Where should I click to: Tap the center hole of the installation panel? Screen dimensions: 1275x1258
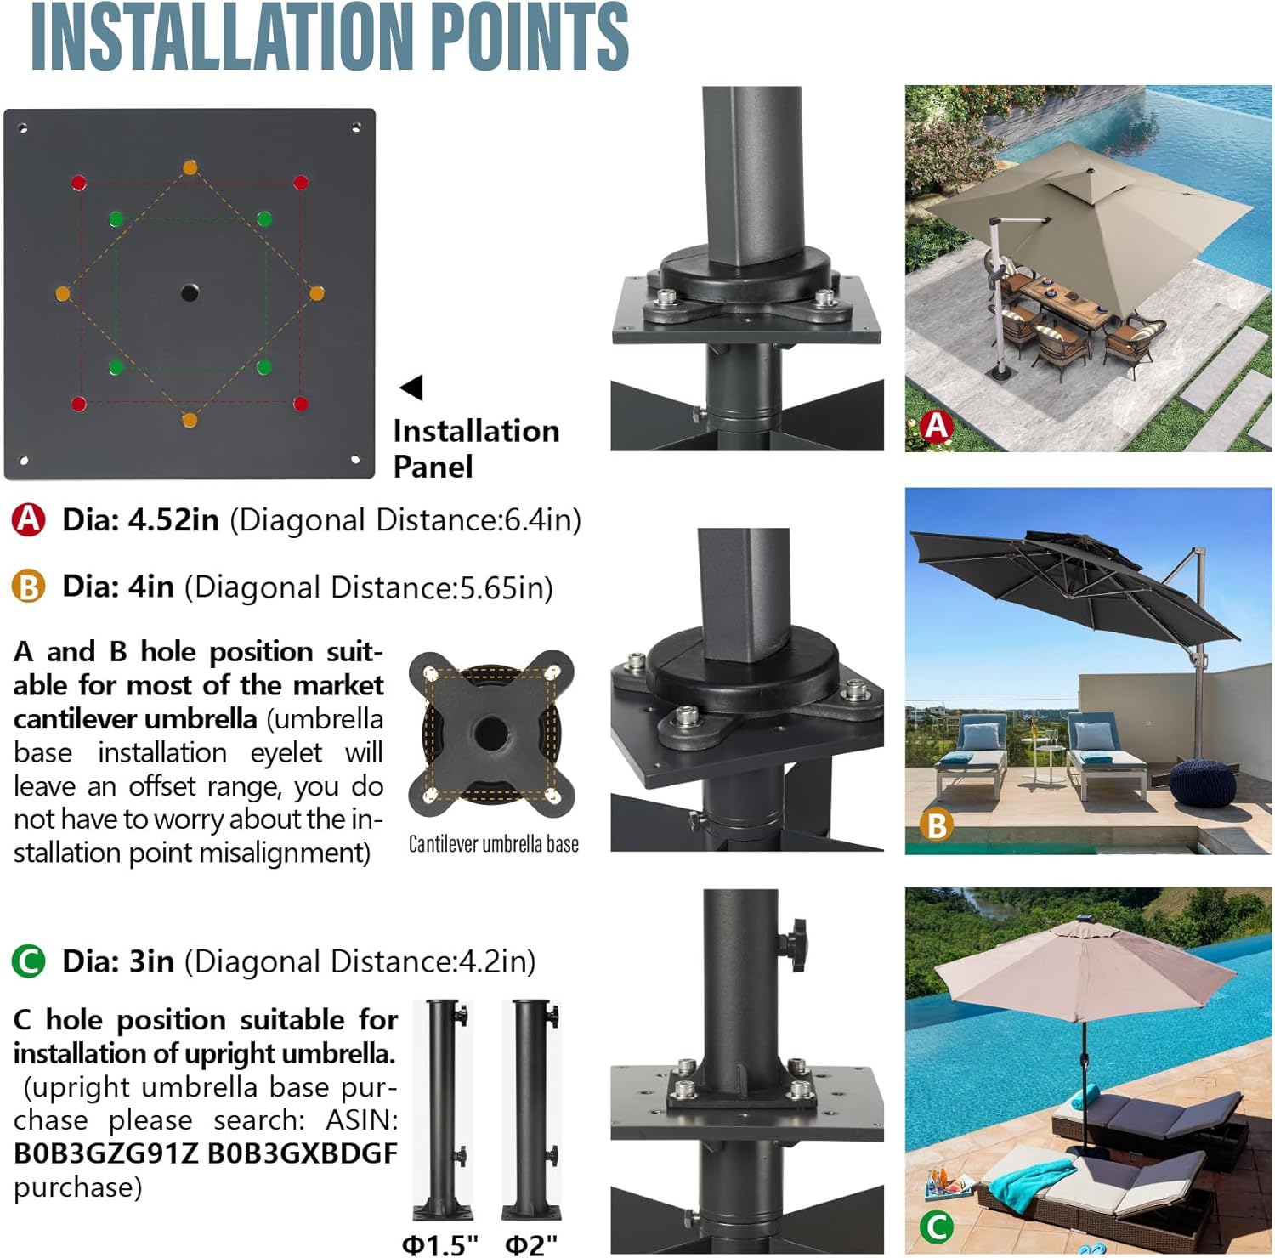pyautogui.click(x=190, y=293)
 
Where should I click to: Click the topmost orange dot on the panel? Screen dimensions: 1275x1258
pyautogui.click(x=190, y=167)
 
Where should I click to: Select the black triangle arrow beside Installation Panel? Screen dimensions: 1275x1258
pyautogui.click(x=411, y=388)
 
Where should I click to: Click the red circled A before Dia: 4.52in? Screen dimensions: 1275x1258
pyautogui.click(x=28, y=519)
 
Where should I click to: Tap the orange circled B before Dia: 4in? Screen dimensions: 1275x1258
pyautogui.click(x=28, y=586)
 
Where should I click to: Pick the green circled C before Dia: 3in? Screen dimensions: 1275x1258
pyautogui.click(x=28, y=961)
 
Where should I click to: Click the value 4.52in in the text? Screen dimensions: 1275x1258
pyautogui.click(x=173, y=519)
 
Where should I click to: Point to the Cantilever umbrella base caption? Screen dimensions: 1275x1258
pyautogui.click(x=494, y=844)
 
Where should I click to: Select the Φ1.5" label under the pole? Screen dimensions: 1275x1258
pyautogui.click(x=440, y=1244)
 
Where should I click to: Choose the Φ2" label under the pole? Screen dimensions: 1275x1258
pyautogui.click(x=531, y=1244)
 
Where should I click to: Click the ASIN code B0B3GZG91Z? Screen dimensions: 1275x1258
pyautogui.click(x=105, y=1153)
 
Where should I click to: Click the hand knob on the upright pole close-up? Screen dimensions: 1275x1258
pyautogui.click(x=795, y=943)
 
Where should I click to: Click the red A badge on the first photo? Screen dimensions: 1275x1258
pyautogui.click(x=937, y=425)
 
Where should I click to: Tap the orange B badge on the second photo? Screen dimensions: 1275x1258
pyautogui.click(x=937, y=824)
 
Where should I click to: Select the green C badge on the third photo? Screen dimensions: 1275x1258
pyautogui.click(x=937, y=1226)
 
